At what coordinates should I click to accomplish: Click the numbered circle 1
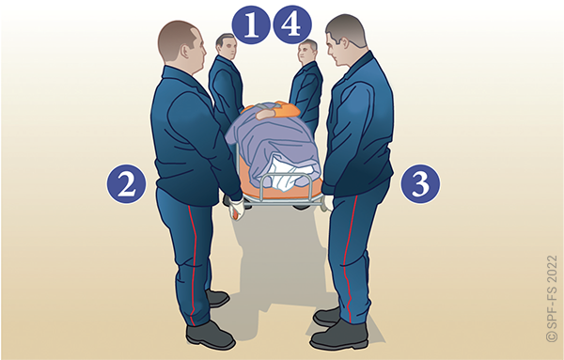251,24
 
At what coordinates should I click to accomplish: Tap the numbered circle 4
292,24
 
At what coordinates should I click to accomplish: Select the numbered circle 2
127,184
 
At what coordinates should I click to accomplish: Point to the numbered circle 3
420,184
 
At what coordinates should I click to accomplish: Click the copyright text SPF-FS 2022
552,299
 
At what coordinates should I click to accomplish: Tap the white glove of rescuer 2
236,209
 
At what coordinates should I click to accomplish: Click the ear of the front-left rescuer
186,52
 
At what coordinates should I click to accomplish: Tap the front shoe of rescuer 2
210,336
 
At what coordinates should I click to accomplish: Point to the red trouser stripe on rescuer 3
348,258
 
